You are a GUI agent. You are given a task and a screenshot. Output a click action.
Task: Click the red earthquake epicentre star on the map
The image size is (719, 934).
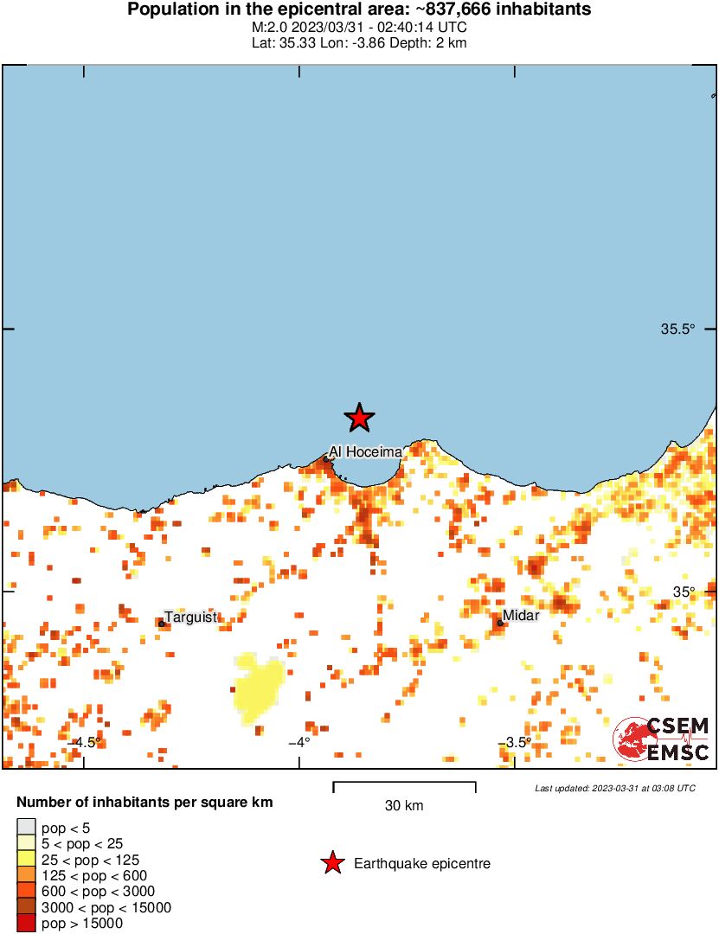point(359,418)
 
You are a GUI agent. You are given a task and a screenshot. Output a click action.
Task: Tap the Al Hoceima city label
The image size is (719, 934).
point(365,452)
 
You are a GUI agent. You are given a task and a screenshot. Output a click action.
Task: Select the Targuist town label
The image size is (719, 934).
point(191,617)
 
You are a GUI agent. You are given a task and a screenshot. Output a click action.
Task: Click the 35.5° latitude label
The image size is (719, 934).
point(678,329)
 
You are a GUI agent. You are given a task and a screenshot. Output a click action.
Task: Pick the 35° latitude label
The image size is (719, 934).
point(685,592)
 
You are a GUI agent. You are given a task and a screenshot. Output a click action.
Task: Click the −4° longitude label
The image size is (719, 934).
point(299,742)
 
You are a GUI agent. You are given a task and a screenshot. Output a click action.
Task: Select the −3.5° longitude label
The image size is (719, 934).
point(517,742)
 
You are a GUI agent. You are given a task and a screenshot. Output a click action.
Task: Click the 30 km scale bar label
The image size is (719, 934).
point(404,806)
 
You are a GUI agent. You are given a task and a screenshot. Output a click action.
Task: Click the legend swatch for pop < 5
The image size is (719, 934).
point(26,828)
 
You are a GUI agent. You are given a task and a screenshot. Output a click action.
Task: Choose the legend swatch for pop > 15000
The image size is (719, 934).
point(26,924)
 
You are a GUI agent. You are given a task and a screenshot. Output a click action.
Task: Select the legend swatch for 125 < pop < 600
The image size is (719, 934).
point(26,876)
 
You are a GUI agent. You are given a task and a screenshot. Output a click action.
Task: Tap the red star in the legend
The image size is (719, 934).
point(331,863)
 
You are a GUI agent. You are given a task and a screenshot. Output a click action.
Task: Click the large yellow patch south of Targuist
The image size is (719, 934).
point(257,688)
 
